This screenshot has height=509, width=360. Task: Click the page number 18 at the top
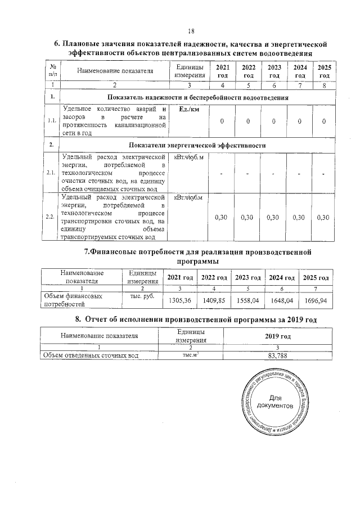click(x=191, y=31)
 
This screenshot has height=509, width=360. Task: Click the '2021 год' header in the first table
click(x=223, y=71)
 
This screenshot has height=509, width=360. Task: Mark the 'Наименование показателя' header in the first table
click(x=115, y=71)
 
